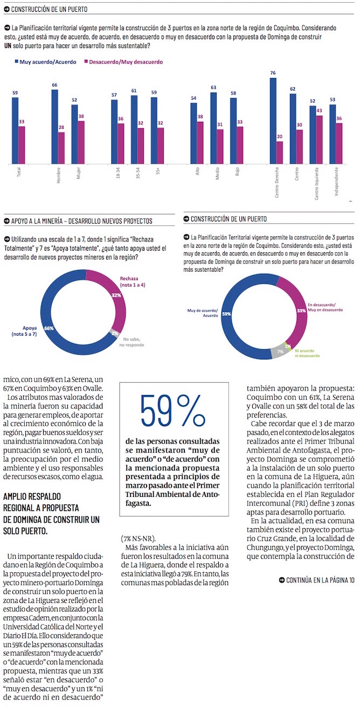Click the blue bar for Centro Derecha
273,120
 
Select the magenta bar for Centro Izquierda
319,139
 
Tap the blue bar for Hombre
55,126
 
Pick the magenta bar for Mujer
81,142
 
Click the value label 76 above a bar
273,73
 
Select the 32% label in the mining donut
116,295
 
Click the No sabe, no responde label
131,342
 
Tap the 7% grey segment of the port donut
281,351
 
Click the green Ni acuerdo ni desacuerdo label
307,353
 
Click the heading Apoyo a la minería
81,221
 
